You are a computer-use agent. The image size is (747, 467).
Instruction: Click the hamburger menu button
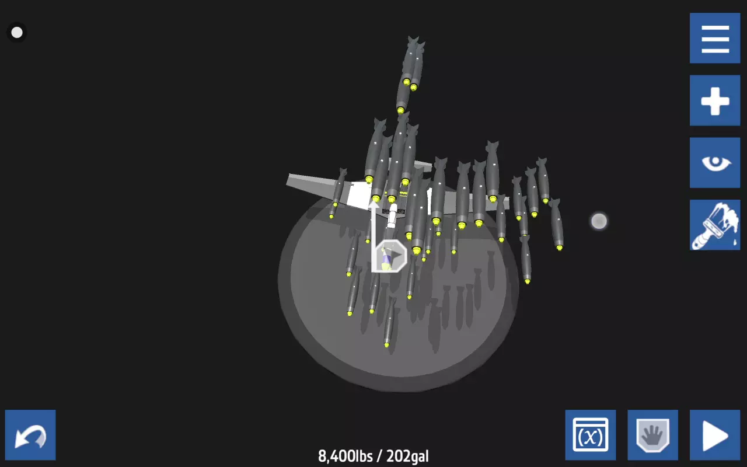point(715,38)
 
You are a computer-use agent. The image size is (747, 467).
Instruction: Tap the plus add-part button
point(715,100)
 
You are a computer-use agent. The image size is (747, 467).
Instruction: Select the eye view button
point(715,163)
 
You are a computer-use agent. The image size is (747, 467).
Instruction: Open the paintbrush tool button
point(715,225)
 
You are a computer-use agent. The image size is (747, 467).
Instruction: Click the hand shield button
point(652,435)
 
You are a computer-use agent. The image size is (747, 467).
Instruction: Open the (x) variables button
point(590,435)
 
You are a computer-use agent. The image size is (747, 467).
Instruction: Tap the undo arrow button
point(30,435)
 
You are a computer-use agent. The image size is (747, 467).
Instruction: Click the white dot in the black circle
point(17,32)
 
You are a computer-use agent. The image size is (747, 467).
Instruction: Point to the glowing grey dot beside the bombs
point(599,221)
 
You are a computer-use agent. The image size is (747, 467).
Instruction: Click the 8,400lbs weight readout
point(345,456)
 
